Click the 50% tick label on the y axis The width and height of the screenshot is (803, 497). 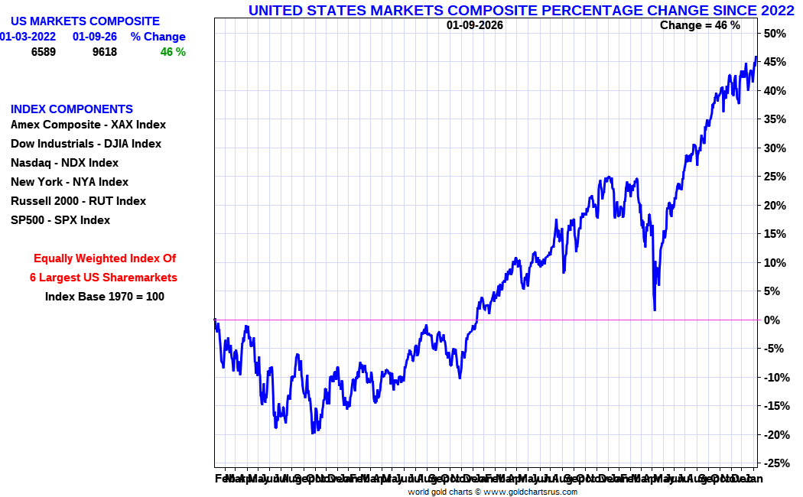pos(774,34)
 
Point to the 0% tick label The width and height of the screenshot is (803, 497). pos(772,320)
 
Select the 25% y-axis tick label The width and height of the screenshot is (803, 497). pos(774,177)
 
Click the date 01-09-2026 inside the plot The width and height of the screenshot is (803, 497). pos(475,25)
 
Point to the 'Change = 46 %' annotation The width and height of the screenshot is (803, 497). pos(700,25)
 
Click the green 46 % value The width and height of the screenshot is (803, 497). pos(173,52)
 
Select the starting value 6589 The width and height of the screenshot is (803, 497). pos(44,52)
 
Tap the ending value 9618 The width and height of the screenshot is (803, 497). pos(105,52)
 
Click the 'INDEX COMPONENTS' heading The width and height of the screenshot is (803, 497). pos(72,109)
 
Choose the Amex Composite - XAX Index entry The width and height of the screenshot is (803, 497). pos(88,125)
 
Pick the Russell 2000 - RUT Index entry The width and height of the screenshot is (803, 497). pos(78,201)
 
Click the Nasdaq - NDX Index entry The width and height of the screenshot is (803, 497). pos(64,163)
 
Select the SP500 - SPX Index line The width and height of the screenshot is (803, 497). pos(60,220)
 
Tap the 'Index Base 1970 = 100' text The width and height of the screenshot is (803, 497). pos(105,297)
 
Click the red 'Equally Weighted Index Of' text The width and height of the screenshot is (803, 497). pos(105,258)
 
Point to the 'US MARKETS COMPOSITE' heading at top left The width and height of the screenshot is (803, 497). pos(85,21)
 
